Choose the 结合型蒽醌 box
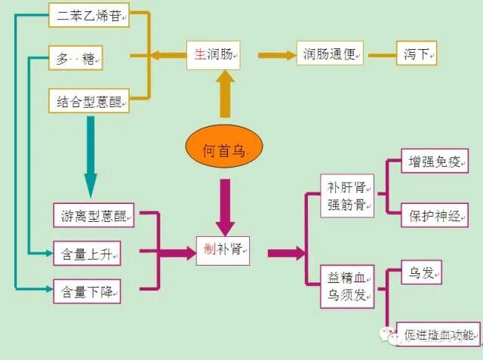tap(89, 100)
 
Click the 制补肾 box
tap(223, 248)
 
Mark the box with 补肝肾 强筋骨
tap(346, 195)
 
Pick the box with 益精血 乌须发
tap(346, 286)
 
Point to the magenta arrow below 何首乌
tap(224, 205)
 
